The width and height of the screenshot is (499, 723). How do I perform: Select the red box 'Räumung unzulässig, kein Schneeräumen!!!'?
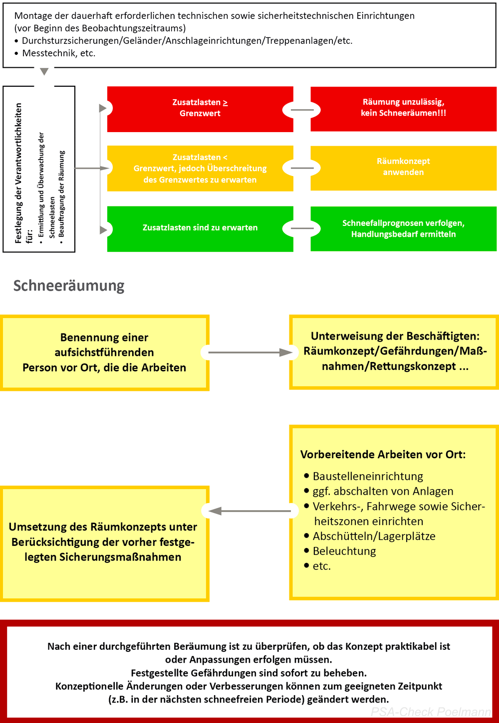coord(403,108)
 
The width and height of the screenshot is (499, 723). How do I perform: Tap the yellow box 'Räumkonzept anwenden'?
coord(403,167)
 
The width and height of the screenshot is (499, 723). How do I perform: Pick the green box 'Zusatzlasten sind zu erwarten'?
coord(200,228)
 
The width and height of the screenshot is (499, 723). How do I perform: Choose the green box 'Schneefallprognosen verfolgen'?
coord(403,228)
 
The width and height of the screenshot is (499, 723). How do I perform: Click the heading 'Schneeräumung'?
coord(69,286)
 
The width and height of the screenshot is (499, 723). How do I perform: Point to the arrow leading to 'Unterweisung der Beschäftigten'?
coord(249,353)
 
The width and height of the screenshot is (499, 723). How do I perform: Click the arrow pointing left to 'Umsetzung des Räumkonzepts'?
coord(249,511)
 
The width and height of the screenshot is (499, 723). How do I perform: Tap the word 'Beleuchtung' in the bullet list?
coord(344,551)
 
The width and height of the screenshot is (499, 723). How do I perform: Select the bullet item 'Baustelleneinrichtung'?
coord(368,476)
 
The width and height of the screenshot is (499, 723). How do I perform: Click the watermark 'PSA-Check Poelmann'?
coord(431,712)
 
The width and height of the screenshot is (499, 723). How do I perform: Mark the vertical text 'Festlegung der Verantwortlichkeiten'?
coord(18,173)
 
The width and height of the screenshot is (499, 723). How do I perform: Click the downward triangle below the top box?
coord(44,72)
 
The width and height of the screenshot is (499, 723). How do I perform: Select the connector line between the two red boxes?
coord(302,110)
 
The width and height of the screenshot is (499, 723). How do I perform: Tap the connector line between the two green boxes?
coord(302,229)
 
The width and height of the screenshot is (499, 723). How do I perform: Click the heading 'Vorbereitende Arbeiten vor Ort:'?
coord(383,454)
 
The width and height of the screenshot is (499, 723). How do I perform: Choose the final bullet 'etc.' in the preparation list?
coord(322,566)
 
